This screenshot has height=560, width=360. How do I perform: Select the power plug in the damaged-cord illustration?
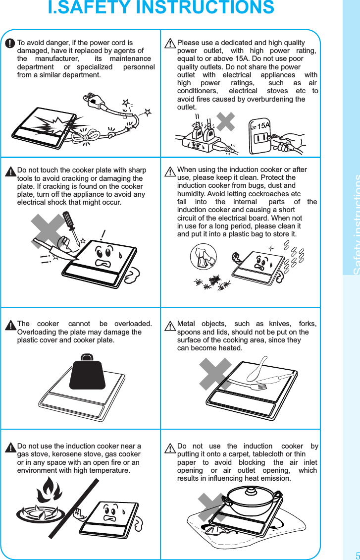(94, 101)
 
